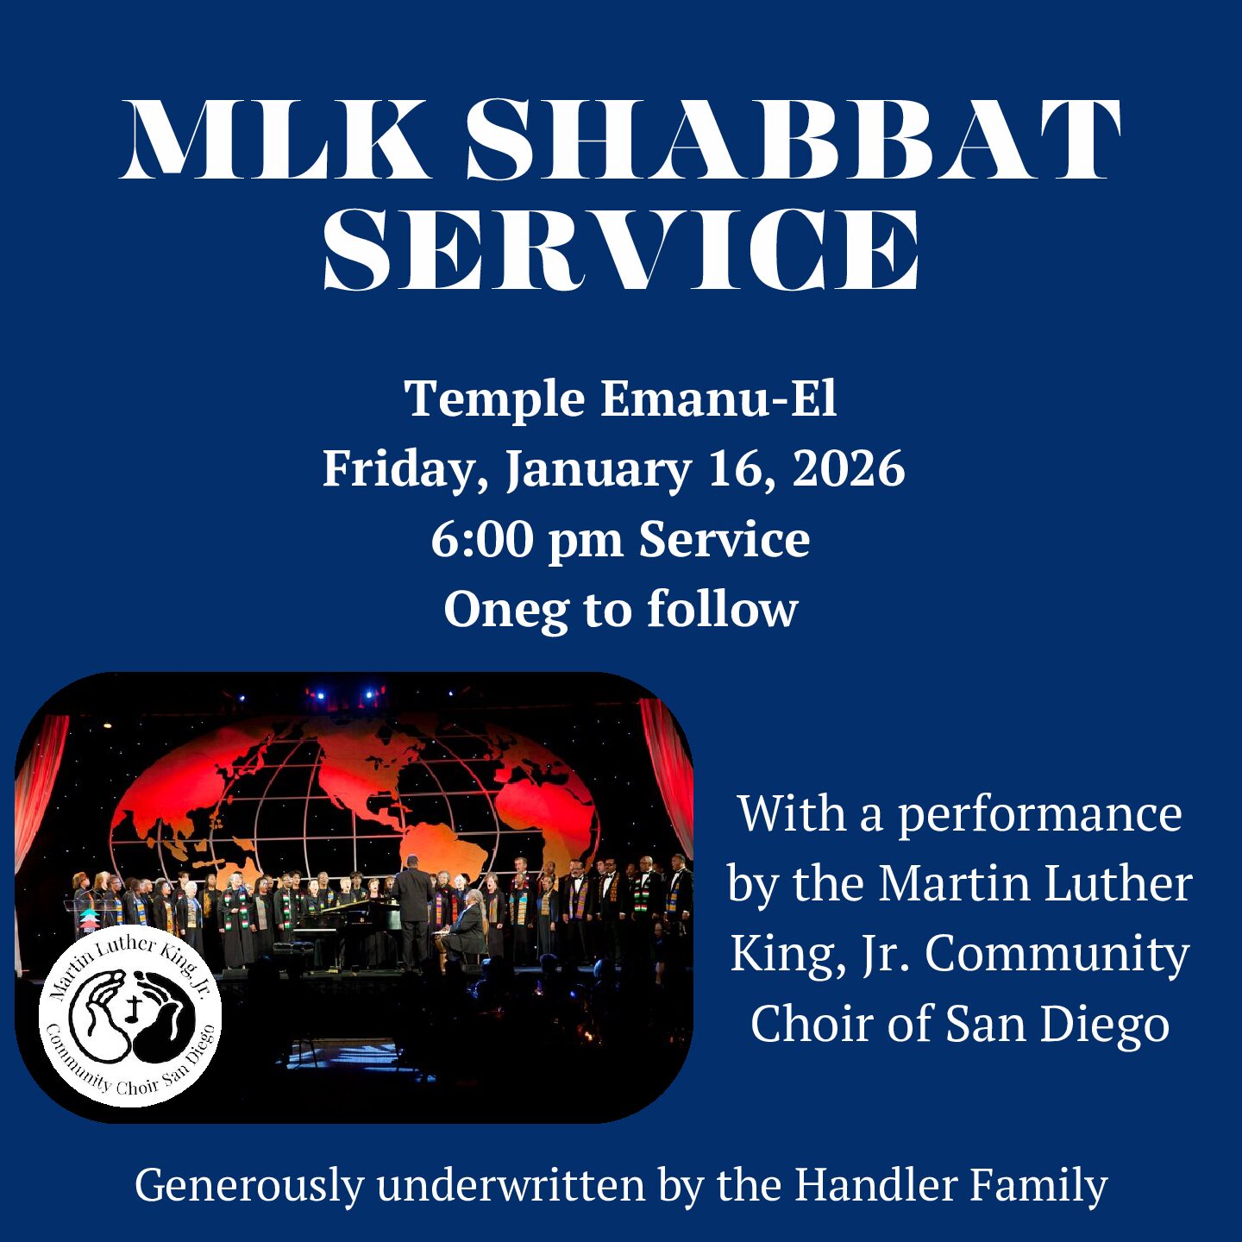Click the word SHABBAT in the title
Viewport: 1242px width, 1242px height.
tap(793, 139)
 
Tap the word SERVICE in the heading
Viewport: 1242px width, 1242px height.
tap(621, 248)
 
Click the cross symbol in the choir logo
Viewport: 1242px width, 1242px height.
tap(135, 1005)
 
